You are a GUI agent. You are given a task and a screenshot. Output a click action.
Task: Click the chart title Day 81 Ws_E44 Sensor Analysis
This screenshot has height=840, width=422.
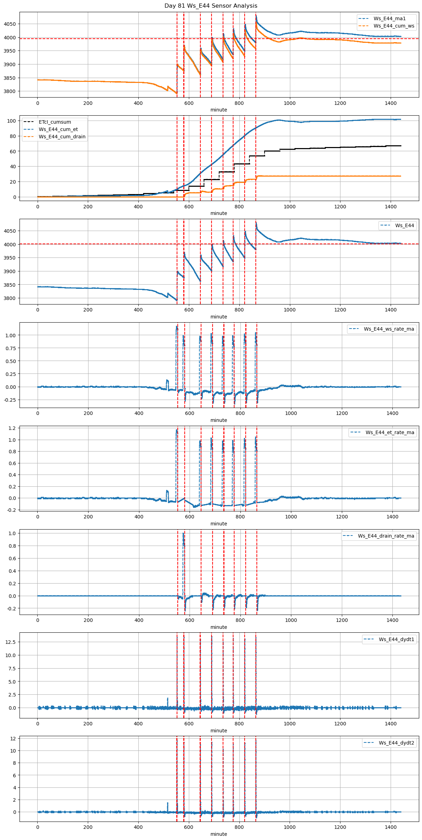tap(211, 6)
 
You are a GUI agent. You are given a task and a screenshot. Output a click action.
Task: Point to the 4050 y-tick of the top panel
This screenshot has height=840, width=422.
tap(10, 24)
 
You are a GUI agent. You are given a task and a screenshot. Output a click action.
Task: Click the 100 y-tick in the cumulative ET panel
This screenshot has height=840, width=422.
tap(12, 121)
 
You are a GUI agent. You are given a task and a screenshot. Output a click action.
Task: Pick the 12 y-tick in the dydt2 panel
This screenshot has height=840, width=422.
tap(13, 738)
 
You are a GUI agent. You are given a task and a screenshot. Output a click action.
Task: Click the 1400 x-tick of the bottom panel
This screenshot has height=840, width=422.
tap(391, 827)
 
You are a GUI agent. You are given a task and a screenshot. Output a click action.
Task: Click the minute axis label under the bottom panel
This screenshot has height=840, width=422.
tap(219, 834)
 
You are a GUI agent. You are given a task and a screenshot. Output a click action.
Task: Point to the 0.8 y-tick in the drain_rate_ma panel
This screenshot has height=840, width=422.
tap(12, 546)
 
